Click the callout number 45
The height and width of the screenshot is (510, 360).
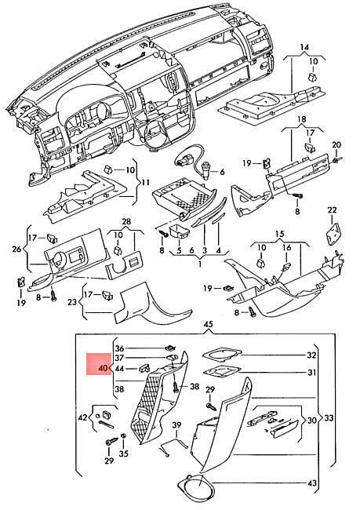point(208,324)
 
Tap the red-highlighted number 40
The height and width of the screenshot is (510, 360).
point(103,369)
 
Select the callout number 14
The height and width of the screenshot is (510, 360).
point(304,48)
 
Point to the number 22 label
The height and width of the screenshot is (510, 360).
point(332,210)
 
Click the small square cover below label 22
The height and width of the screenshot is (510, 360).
point(333,232)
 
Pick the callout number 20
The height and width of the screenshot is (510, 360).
point(336,144)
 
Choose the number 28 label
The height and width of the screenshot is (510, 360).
point(126,222)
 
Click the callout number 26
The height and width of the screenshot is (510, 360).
point(16,250)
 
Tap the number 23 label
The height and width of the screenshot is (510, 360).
point(72,302)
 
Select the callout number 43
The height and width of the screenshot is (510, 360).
point(311,483)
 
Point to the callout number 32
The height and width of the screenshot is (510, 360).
point(311,355)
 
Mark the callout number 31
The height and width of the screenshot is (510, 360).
point(311,373)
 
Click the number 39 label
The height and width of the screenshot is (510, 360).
point(176,425)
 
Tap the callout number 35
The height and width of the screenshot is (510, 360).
point(124,454)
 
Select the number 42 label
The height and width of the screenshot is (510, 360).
point(83,417)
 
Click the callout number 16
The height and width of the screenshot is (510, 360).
point(286,248)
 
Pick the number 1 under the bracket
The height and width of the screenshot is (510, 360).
point(200,264)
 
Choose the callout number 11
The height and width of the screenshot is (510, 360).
point(145,183)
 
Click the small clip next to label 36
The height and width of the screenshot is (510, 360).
point(169,348)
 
